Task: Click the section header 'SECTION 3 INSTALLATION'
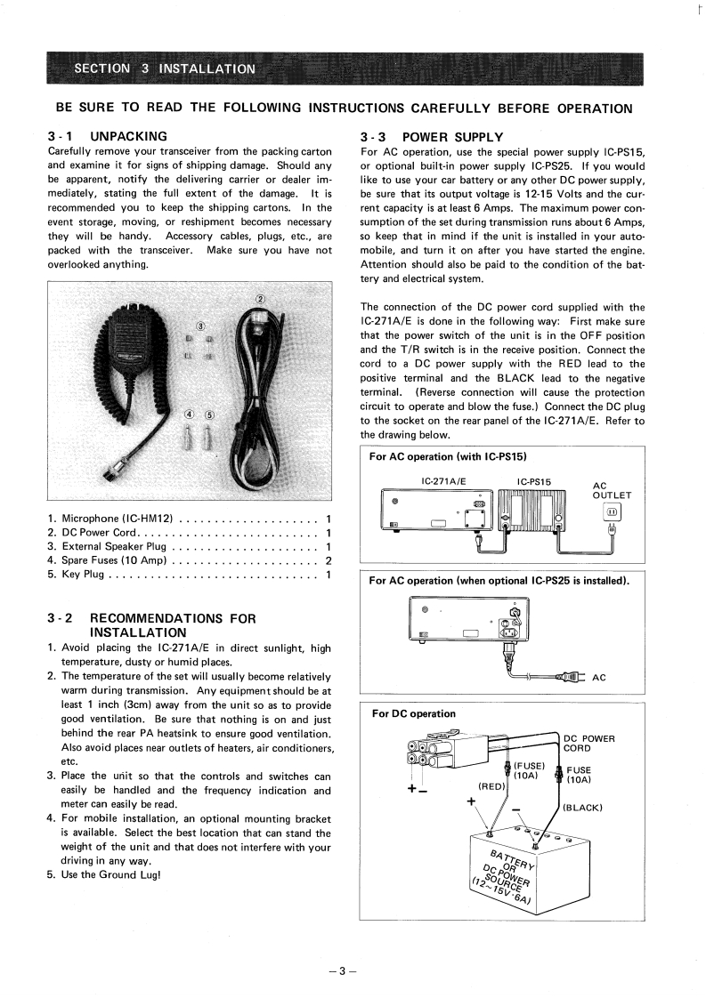coord(165,68)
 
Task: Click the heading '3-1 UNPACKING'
coord(108,137)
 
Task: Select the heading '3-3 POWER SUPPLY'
coord(432,137)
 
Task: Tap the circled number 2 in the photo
coord(260,298)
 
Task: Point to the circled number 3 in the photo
coord(200,326)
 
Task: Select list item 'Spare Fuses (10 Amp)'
coord(113,560)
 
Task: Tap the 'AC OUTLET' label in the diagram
coord(612,491)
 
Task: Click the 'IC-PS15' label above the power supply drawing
coord(534,482)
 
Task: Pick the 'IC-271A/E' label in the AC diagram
coord(443,482)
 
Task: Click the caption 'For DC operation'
coord(413,713)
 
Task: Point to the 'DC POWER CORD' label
coord(589,743)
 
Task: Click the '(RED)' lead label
coord(491,786)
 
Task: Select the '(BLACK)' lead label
coord(584,808)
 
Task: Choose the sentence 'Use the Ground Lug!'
coord(110,873)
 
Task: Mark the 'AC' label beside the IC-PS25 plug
coord(599,678)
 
